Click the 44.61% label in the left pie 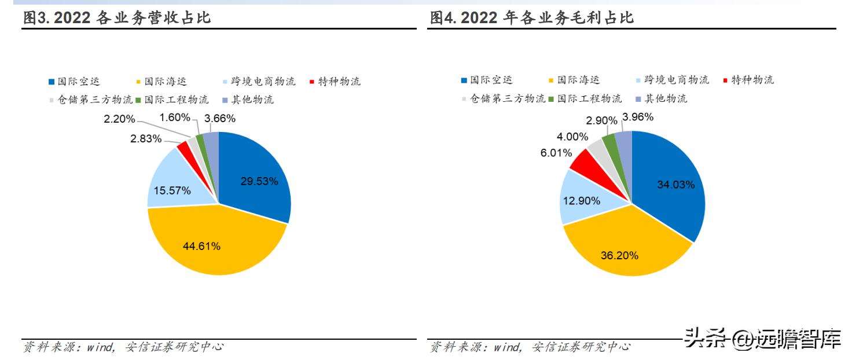[201, 246]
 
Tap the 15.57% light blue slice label [172, 190]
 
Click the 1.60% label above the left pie [175, 117]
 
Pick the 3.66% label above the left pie [220, 119]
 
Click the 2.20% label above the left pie [119, 119]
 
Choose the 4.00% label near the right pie [572, 137]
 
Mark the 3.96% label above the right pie [638, 117]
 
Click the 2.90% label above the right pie [602, 120]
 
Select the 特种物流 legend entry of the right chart [748, 80]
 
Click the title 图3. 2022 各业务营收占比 [116, 18]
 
